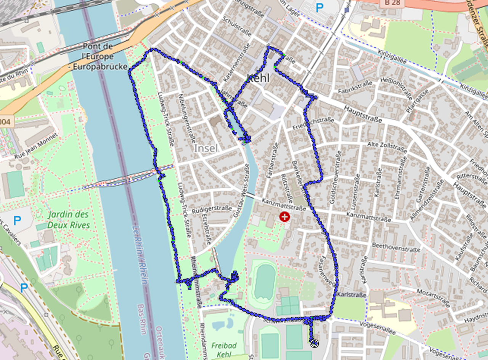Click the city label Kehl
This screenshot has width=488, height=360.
(x=258, y=78)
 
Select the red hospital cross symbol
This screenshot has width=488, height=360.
(x=284, y=217)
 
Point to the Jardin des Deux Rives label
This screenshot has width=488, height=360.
(x=69, y=220)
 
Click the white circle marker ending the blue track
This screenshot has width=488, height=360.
(x=314, y=344)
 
